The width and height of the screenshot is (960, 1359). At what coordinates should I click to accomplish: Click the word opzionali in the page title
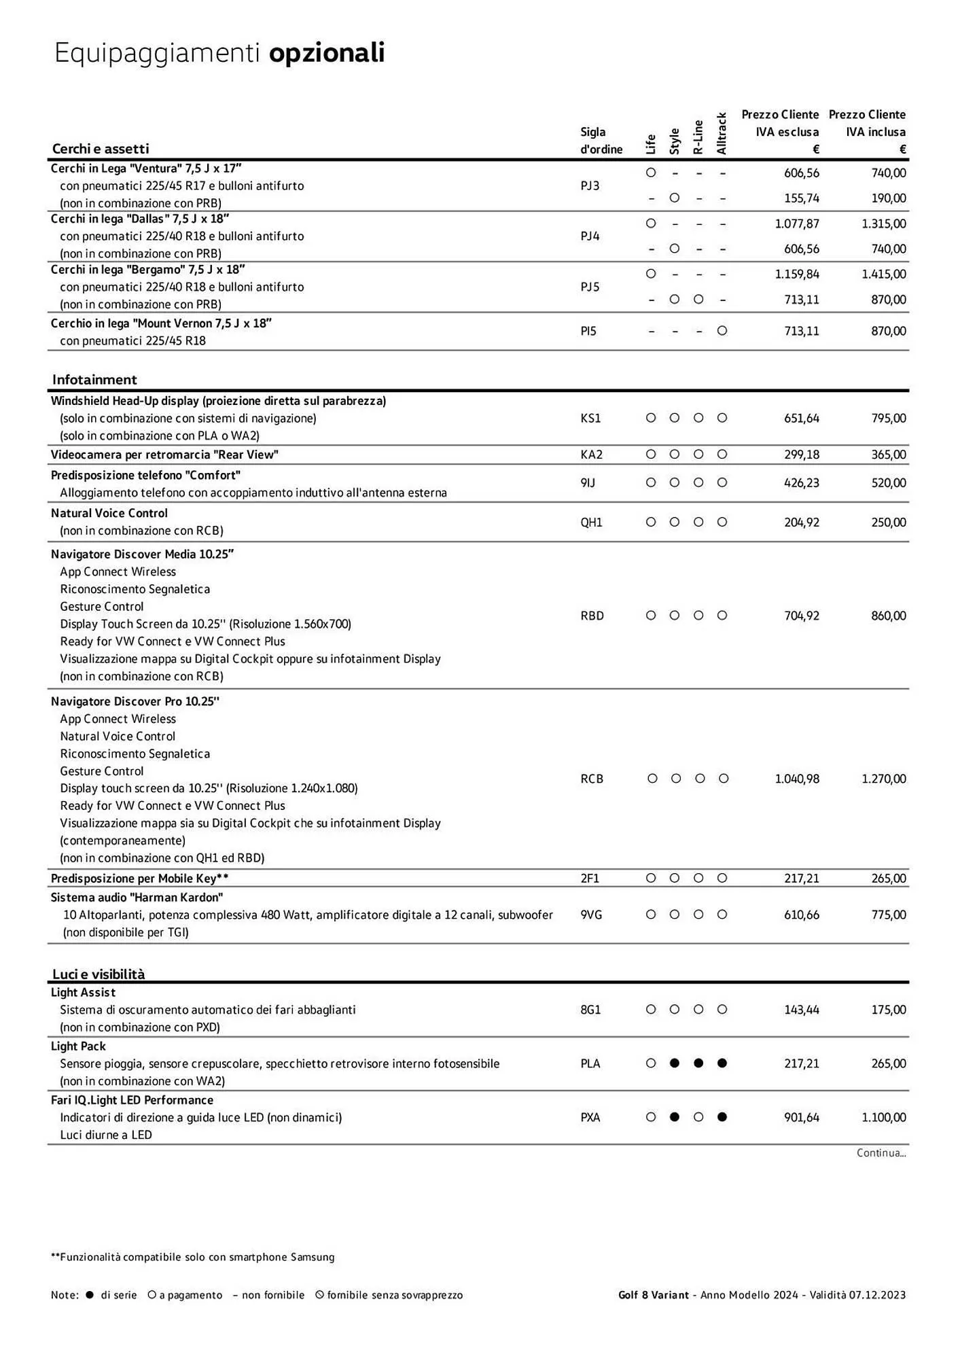[x=327, y=53]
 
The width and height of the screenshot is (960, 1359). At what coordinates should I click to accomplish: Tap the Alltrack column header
[x=722, y=134]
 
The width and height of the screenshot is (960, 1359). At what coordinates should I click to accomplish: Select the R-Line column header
[x=698, y=137]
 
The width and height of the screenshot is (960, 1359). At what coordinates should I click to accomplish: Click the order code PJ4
[x=590, y=236]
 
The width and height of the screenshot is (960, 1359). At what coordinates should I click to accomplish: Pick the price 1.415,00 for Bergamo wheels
[x=883, y=275]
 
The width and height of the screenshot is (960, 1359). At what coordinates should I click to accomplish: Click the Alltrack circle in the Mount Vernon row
[x=722, y=331]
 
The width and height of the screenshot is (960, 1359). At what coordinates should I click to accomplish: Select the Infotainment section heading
[x=94, y=380]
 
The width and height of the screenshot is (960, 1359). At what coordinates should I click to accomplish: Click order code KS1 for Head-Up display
[x=590, y=419]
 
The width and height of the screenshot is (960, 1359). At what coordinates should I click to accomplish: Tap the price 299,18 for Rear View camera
[x=802, y=455]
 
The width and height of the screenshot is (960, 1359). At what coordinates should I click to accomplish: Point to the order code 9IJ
[x=588, y=483]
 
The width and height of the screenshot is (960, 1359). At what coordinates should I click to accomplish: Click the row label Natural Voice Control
[x=109, y=514]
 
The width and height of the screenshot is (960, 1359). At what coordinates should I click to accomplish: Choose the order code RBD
[x=592, y=616]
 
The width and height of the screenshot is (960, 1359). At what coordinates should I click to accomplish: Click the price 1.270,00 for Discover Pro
[x=883, y=779]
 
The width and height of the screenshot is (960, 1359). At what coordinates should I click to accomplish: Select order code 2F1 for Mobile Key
[x=590, y=879]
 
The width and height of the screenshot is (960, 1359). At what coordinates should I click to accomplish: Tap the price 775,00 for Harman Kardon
[x=888, y=915]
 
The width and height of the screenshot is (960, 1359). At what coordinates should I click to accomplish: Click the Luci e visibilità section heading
[x=99, y=974]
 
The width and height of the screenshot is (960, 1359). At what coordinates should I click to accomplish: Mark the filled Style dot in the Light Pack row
[x=675, y=1063]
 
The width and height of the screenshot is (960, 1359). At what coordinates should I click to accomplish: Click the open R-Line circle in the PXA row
[x=698, y=1117]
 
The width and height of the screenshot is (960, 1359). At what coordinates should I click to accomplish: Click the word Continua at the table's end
[x=881, y=1153]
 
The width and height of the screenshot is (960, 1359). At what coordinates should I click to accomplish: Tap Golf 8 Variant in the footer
[x=653, y=1295]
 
